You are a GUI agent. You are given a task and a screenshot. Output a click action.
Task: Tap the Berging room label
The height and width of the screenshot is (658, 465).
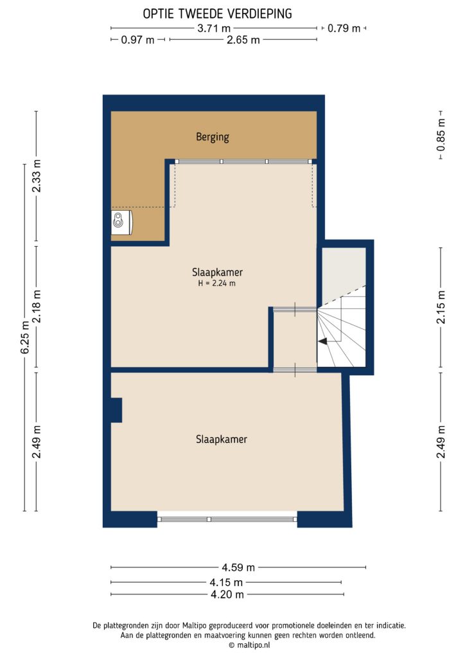tap(213, 136)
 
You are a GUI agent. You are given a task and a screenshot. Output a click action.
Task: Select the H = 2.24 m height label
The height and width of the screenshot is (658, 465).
tap(213, 283)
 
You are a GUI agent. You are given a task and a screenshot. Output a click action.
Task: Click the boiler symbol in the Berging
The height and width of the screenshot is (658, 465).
tap(120, 222)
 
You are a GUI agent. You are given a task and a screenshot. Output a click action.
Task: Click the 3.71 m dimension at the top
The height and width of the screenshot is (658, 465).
tap(214, 28)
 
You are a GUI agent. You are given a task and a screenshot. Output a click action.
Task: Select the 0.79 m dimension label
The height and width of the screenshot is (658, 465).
tap(344, 28)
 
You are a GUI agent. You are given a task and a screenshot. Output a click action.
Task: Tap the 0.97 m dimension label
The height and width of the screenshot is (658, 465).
tap(137, 40)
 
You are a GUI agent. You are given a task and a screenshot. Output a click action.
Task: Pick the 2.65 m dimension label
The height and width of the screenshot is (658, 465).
tap(243, 40)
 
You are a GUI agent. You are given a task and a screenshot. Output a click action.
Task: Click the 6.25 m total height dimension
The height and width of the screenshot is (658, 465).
tap(25, 337)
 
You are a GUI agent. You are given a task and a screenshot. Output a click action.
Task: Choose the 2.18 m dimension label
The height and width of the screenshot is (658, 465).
tap(37, 308)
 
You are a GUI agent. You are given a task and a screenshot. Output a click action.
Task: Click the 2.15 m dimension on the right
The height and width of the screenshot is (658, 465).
tap(441, 308)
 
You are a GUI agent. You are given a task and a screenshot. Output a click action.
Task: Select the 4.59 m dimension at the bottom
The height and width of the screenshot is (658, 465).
tap(238, 567)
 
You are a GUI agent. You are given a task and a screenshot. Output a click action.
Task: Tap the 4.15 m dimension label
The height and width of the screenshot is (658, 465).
tap(226, 582)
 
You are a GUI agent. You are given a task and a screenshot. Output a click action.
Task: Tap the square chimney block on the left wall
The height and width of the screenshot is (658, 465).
tap(116, 410)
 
